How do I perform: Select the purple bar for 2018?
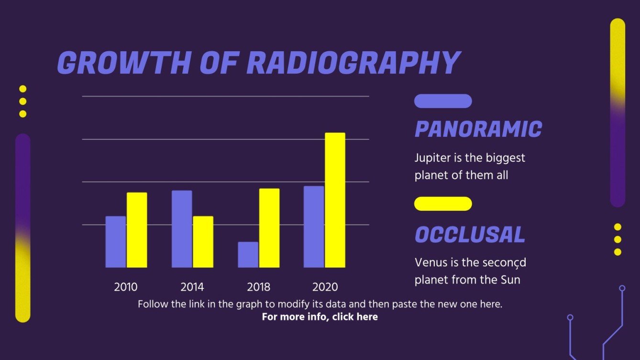(248, 254)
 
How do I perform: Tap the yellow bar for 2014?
(203, 241)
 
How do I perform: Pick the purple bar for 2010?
(115, 241)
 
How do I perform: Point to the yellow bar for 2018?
(269, 228)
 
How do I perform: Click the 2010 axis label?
(126, 287)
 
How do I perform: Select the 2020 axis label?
(325, 287)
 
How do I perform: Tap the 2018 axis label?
(258, 287)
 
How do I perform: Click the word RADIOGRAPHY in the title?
(353, 63)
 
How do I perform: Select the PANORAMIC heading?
(478, 129)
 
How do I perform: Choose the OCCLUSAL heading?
(470, 235)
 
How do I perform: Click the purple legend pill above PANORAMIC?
(443, 101)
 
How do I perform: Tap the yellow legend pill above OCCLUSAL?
(443, 204)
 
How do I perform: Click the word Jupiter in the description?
(430, 158)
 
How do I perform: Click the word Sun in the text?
(510, 280)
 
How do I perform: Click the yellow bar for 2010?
(137, 230)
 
